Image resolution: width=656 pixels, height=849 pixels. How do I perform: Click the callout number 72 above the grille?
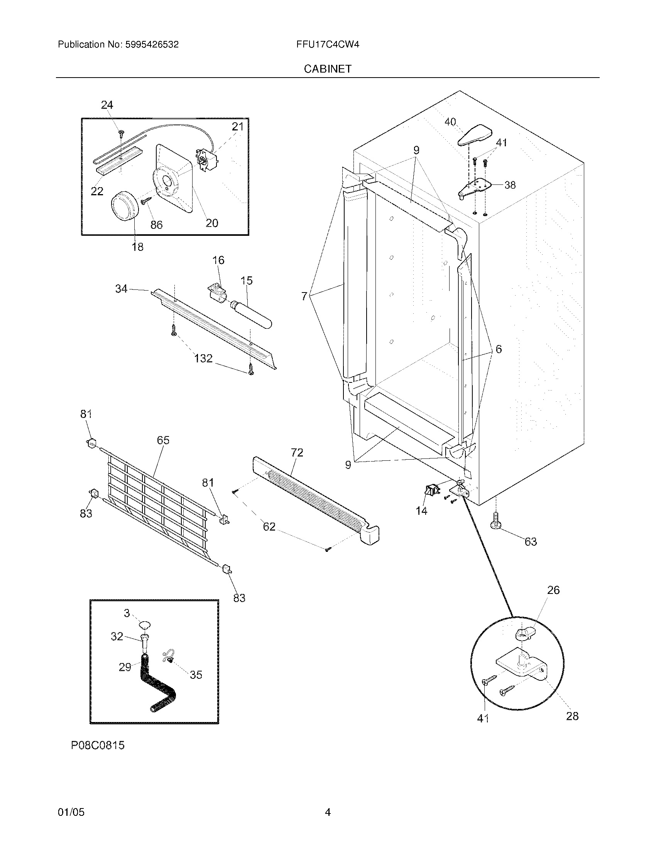pyautogui.click(x=297, y=453)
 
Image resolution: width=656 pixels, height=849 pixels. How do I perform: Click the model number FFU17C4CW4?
pyautogui.click(x=327, y=44)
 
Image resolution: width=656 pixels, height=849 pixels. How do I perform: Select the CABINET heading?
pyautogui.click(x=327, y=69)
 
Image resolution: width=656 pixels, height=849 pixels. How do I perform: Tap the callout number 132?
pyautogui.click(x=203, y=358)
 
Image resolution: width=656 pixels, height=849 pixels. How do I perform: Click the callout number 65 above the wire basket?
pyautogui.click(x=163, y=440)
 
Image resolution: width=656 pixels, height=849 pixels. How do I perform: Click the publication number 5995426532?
pyautogui.click(x=152, y=44)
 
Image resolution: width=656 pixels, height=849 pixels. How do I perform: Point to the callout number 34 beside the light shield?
pyautogui.click(x=121, y=288)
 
